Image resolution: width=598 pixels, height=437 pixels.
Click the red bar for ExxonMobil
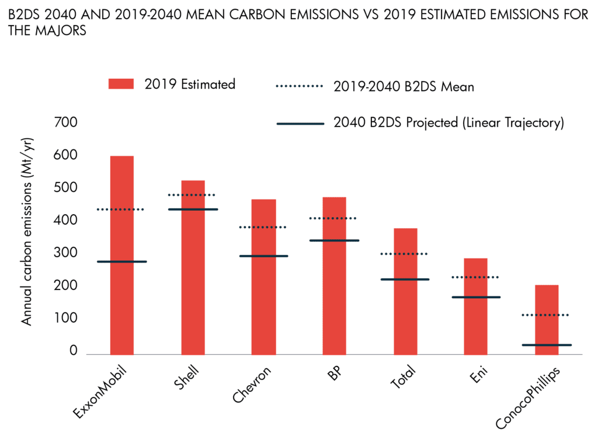(121, 303)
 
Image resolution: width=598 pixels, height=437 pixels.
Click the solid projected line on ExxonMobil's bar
(121, 261)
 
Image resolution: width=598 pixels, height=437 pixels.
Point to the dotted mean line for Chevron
(263, 227)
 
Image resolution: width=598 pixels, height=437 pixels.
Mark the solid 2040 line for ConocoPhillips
(547, 345)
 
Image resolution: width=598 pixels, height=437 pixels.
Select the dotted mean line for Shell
(192, 195)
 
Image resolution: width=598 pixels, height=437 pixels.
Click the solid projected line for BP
(334, 240)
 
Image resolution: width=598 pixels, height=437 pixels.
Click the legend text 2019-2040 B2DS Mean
(404, 87)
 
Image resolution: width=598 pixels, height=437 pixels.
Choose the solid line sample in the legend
(300, 124)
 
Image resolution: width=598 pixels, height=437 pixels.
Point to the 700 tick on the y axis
(65, 123)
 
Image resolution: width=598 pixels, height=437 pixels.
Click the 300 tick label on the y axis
(65, 253)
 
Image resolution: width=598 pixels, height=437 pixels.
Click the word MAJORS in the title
(60, 31)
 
